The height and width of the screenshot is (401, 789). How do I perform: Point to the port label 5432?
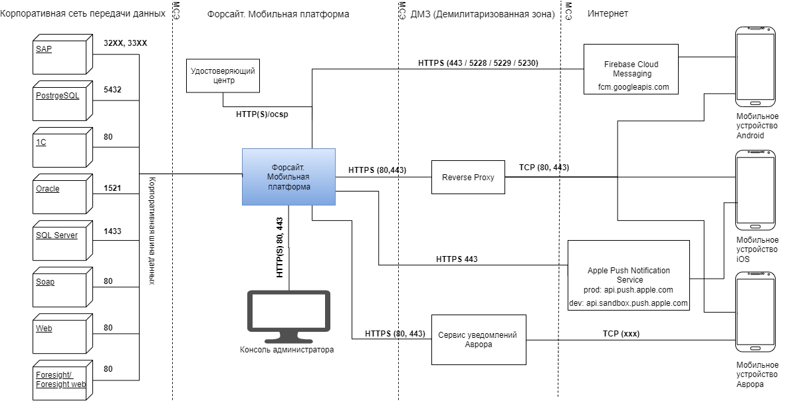112,89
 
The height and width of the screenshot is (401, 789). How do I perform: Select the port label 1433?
113,231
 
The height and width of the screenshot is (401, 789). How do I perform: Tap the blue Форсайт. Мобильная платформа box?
288,177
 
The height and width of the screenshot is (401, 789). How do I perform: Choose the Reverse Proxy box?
468,178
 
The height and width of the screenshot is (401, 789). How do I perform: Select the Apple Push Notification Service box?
629,275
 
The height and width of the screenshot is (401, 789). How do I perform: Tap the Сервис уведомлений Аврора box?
479,339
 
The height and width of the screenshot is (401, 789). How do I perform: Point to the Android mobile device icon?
754,67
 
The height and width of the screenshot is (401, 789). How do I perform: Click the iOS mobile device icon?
754,190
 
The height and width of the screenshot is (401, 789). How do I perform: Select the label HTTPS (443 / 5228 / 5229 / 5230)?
478,63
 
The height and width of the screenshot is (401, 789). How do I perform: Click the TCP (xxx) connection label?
621,334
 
